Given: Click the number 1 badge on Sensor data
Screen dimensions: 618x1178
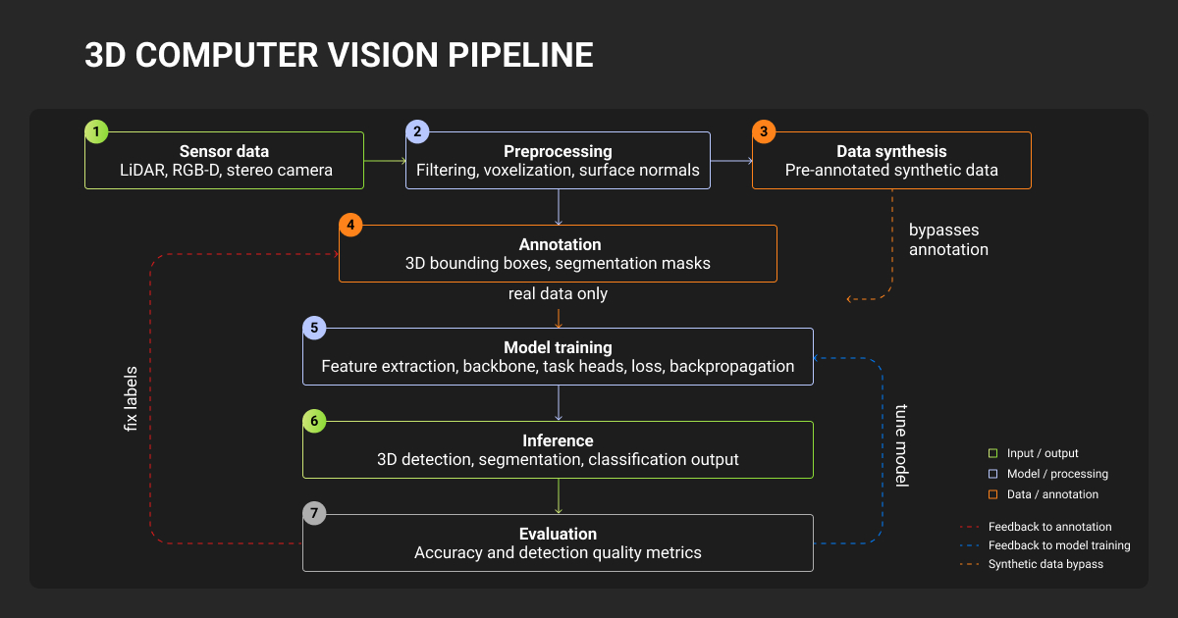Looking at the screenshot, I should pos(96,131).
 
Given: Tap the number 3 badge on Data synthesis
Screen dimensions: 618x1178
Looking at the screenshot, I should pos(764,131).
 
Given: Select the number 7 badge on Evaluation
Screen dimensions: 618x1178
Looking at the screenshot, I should pos(313,514).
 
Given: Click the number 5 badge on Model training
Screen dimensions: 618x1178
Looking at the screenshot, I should pos(313,328).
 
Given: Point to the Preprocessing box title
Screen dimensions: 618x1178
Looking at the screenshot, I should pos(558,151).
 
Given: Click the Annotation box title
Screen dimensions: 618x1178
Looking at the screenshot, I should pos(558,244).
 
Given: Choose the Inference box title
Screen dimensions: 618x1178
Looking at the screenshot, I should pos(558,440).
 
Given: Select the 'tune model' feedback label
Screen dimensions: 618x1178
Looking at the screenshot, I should pos(901,445).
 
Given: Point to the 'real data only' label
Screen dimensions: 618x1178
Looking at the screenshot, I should pos(558,294).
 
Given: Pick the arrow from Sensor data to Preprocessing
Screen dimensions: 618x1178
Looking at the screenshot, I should pos(385,160).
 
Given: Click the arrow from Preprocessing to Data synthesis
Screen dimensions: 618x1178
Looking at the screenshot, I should pos(731,160).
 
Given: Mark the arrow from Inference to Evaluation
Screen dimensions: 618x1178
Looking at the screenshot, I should pos(559,496).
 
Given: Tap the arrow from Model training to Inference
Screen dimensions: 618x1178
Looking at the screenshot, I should pos(559,403).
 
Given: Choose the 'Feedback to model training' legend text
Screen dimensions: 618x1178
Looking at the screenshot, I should pos(1058,545).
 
